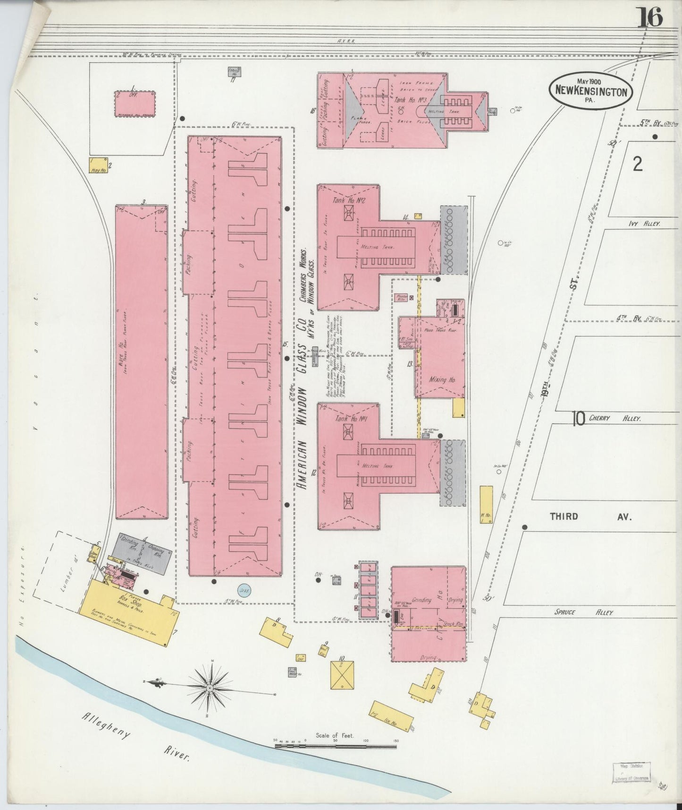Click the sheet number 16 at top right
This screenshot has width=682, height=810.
[x=651, y=18]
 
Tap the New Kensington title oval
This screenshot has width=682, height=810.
[x=591, y=91]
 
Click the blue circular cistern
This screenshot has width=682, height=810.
[x=244, y=590]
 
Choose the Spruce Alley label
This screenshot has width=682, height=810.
[x=584, y=612]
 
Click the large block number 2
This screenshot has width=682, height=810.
[x=638, y=164]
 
